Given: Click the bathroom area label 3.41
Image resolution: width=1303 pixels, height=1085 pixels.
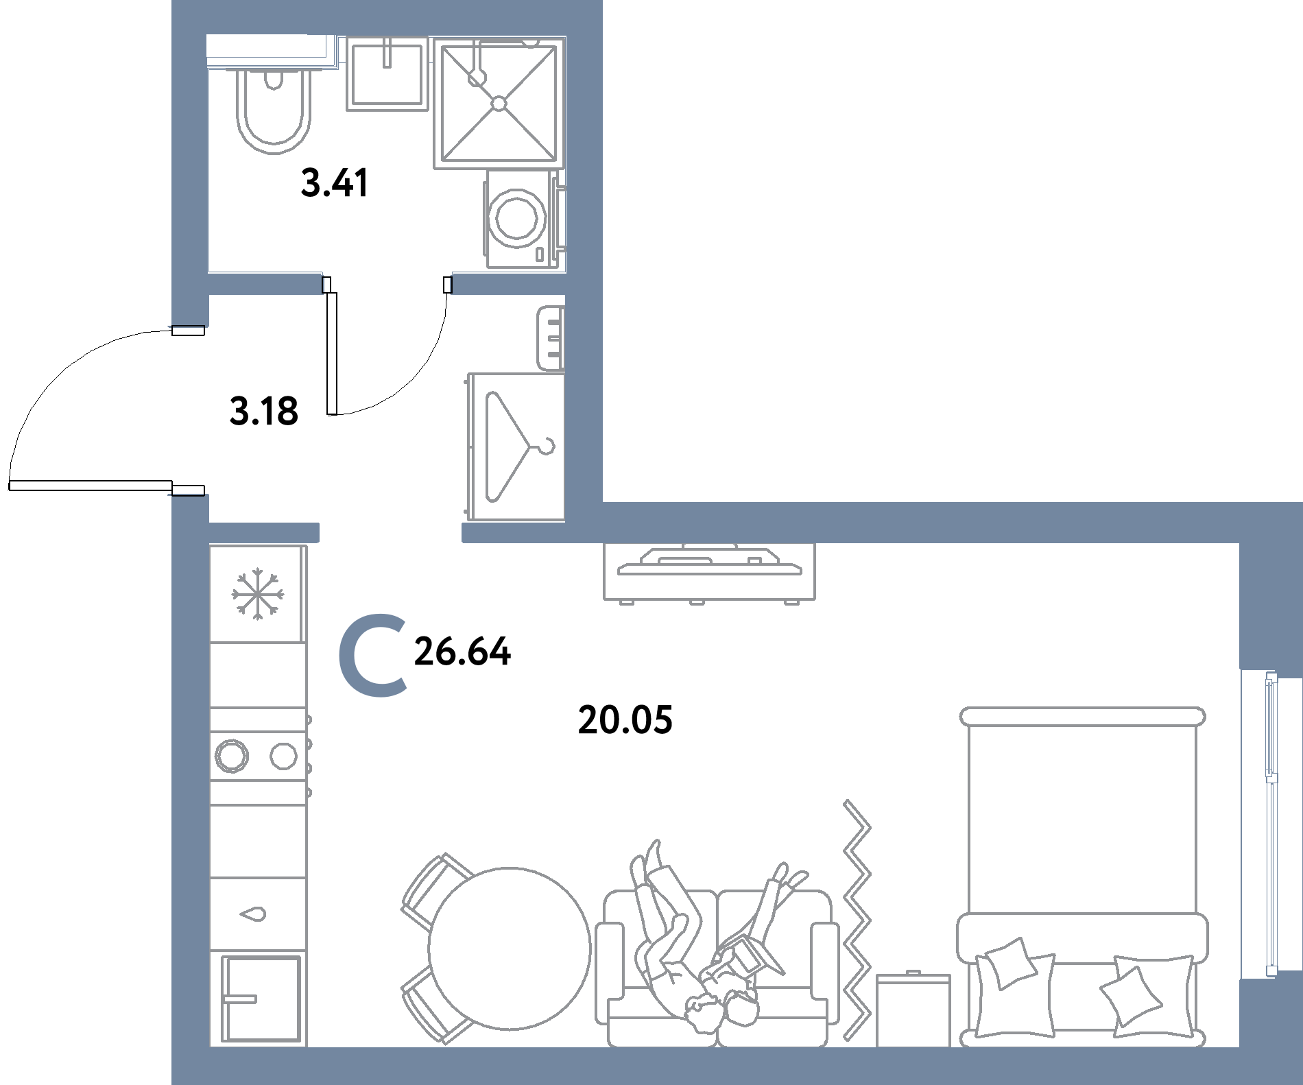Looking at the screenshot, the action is [335, 183].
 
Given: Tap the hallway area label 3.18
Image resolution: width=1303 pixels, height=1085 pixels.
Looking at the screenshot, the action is [264, 412].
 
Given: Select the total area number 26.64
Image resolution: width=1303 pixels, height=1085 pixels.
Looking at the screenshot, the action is [462, 652].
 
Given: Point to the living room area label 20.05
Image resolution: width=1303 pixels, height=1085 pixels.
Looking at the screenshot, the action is [625, 720].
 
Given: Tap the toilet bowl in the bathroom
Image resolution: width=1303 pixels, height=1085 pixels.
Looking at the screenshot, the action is [274, 110].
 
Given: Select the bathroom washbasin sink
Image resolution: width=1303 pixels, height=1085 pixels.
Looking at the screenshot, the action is [387, 73].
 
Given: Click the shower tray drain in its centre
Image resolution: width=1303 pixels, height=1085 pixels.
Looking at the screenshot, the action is [499, 104].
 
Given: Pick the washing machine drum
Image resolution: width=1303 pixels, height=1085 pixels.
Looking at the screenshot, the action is [517, 219].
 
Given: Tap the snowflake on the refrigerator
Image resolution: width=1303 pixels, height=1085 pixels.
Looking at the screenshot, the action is [257, 594].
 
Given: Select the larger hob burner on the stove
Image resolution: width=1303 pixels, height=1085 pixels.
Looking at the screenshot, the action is [232, 756].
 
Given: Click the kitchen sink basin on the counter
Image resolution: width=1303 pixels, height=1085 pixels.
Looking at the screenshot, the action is [260, 999].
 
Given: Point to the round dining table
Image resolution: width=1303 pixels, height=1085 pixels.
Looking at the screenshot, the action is [510, 949].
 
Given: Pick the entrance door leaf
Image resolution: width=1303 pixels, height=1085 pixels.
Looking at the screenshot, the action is [90, 486].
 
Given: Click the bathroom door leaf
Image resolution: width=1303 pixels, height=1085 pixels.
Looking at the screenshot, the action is [332, 354].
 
